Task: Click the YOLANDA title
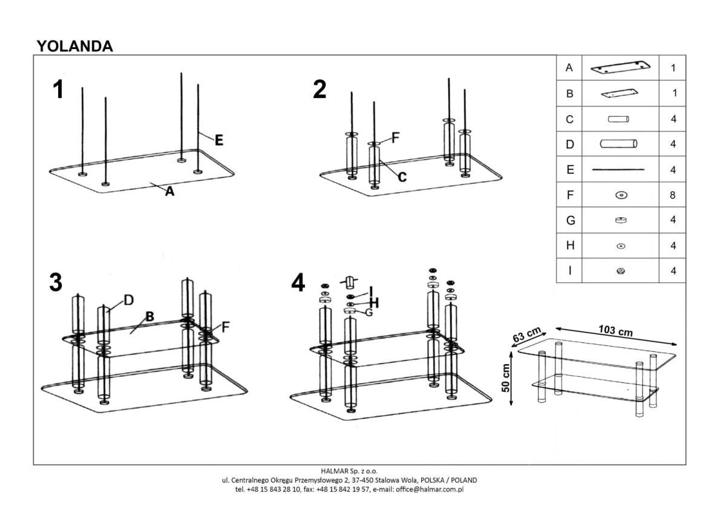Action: [x=74, y=46]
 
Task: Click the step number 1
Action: [x=58, y=90]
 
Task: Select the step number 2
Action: [x=319, y=90]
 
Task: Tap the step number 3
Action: [x=56, y=283]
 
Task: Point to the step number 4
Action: [x=298, y=283]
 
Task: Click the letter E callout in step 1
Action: [x=218, y=140]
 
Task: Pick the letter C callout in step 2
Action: [x=402, y=177]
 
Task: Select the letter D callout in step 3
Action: [x=128, y=300]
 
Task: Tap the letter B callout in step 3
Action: [x=149, y=316]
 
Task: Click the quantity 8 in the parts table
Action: [x=673, y=195]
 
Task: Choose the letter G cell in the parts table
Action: [x=569, y=221]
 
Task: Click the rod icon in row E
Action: [x=618, y=170]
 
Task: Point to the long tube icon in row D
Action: [x=618, y=144]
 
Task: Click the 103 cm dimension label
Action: [x=616, y=330]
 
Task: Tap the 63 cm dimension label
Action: [x=526, y=335]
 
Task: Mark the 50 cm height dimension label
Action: [x=506, y=378]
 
